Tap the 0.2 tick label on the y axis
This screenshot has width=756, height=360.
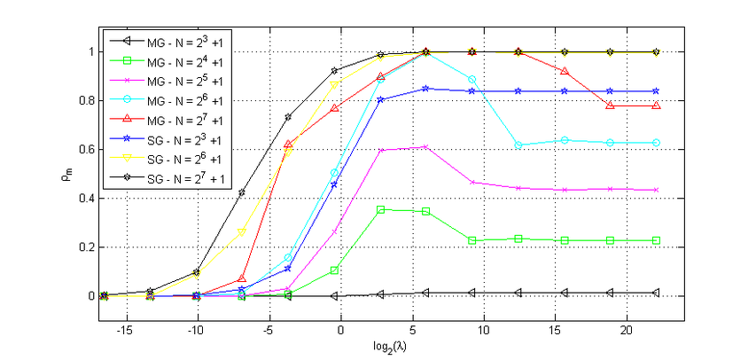(87, 247)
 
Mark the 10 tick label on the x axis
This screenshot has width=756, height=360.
(484, 329)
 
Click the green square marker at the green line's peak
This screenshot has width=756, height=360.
(380, 209)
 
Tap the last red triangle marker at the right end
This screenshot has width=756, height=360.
(656, 106)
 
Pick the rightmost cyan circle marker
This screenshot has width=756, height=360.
(656, 142)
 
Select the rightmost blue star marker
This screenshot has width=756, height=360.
(656, 90)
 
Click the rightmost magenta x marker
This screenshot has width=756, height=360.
(656, 190)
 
